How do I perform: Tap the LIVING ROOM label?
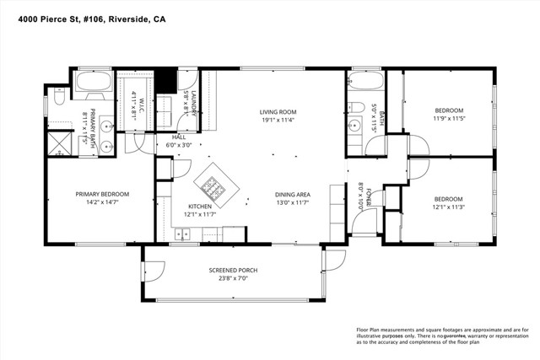pos(277,111)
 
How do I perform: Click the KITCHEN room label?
pos(199,207)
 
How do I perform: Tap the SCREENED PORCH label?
pos(233,270)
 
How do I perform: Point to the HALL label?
pos(179,137)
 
